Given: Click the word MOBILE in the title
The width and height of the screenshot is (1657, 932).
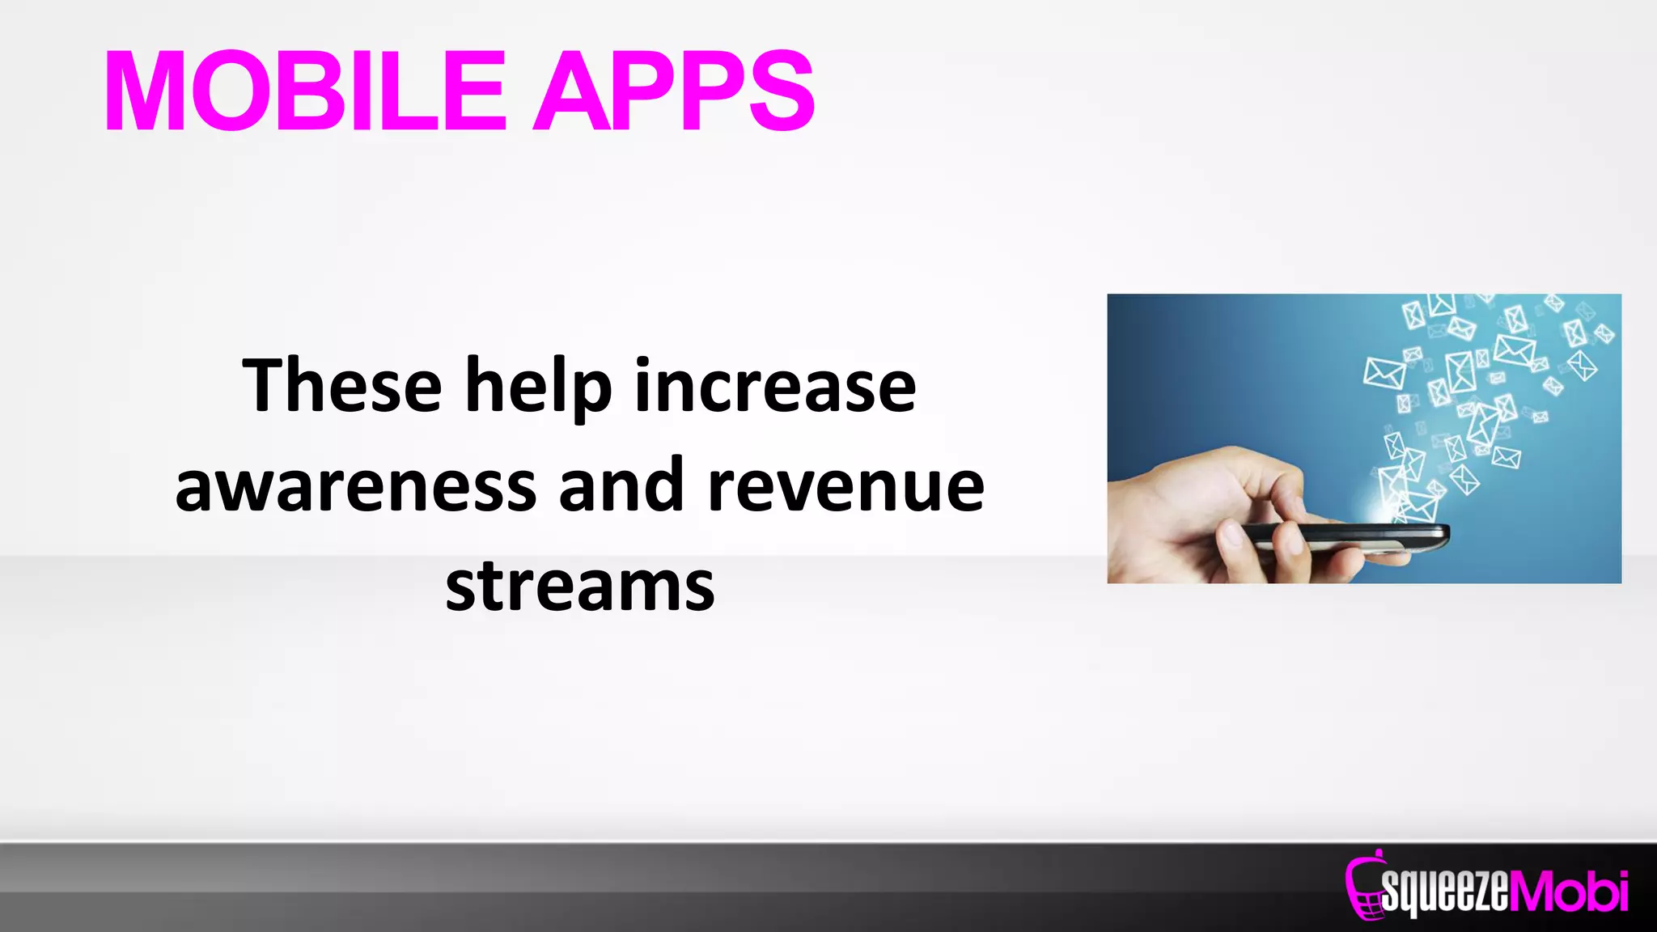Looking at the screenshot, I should click(305, 91).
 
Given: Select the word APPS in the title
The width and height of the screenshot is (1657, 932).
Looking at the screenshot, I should click(673, 91).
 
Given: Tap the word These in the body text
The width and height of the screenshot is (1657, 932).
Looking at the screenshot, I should click(341, 386).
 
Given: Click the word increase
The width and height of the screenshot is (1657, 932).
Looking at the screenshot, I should click(774, 386).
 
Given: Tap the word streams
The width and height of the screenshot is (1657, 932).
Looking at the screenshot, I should click(580, 585).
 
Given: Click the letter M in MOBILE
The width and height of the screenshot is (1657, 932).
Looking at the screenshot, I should click(146, 91).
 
